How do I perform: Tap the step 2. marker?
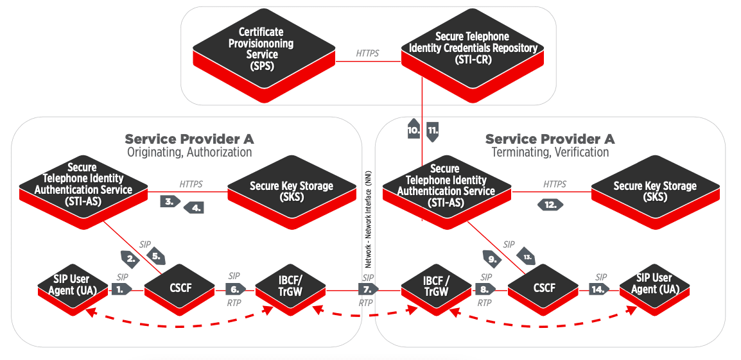131,259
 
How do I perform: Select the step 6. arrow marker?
235,289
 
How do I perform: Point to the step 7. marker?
368,289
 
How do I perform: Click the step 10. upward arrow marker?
414,129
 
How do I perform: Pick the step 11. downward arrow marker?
433,130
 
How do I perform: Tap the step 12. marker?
550,205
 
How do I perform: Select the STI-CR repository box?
472,49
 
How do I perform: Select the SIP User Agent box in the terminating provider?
654,284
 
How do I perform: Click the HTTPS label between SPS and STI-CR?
367,54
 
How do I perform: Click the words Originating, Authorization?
189,153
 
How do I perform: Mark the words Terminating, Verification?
550,153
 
